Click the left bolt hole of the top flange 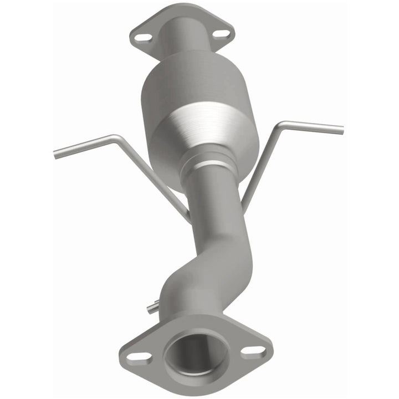[x=143, y=38]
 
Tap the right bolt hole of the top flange [x=221, y=34]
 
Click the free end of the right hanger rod [x=340, y=130]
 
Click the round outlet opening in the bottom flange [x=196, y=352]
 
